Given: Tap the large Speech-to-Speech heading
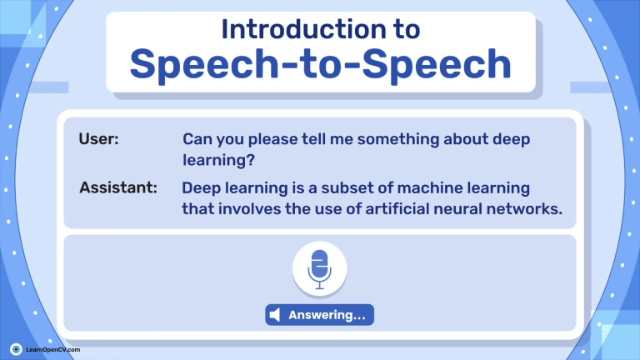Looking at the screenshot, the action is click(320, 64).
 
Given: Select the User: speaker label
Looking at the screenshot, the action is click(99, 139).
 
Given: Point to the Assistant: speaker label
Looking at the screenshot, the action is click(118, 187).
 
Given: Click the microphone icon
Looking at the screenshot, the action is click(320, 269).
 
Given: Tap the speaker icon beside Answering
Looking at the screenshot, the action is click(275, 315).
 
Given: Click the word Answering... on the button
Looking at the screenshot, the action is click(327, 315).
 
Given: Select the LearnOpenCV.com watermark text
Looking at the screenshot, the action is click(53, 350).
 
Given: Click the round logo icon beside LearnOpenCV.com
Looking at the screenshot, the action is click(16, 349).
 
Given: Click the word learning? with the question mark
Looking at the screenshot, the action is click(219, 160).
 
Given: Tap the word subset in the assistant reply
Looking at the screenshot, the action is click(347, 188).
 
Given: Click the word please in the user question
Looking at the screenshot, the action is click(273, 140).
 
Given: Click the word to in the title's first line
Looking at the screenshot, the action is click(407, 30).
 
